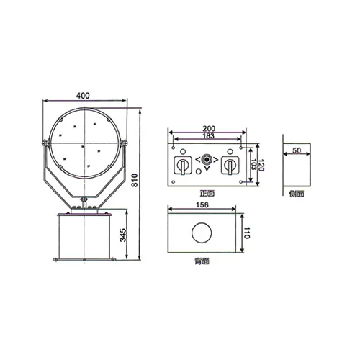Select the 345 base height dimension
point(124,235)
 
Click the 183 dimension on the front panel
point(208,137)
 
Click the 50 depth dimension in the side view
point(297,151)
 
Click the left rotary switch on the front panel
point(183,166)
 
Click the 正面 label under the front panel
point(207,194)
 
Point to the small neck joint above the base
point(85,204)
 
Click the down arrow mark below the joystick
point(207,170)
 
